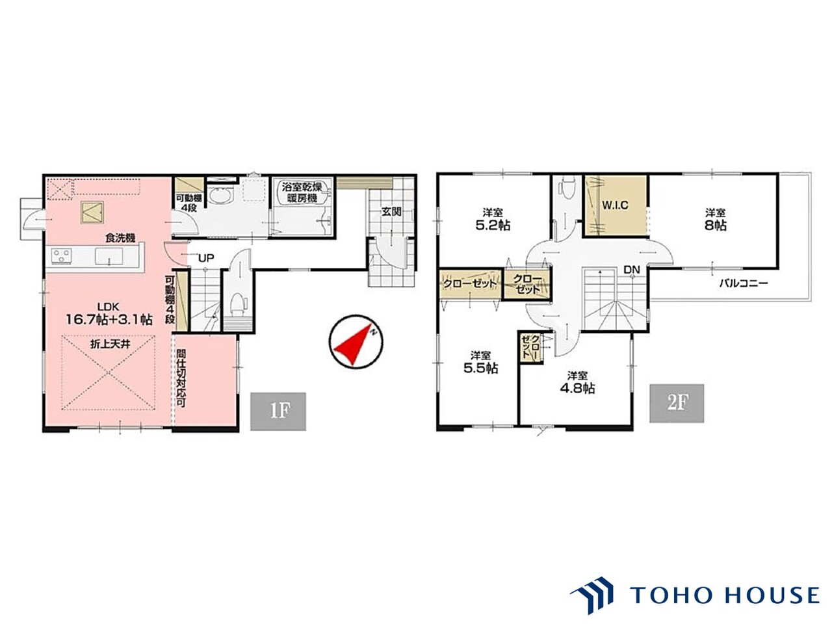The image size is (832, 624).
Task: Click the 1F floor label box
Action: click(278, 411)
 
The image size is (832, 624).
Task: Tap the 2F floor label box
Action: click(676, 403)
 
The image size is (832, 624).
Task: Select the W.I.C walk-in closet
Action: click(615, 206)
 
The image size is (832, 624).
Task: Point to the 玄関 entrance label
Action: click(391, 211)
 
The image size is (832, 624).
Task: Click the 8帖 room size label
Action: click(715, 225)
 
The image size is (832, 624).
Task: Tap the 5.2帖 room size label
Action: click(493, 225)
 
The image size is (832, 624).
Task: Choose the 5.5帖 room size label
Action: click(480, 368)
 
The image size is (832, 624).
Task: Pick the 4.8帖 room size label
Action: click(577, 388)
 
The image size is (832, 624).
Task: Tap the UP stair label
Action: click(206, 258)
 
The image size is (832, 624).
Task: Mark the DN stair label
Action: click(632, 269)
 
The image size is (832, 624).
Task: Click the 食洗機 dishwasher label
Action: click(120, 238)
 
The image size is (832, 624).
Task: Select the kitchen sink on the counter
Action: click(109, 255)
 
